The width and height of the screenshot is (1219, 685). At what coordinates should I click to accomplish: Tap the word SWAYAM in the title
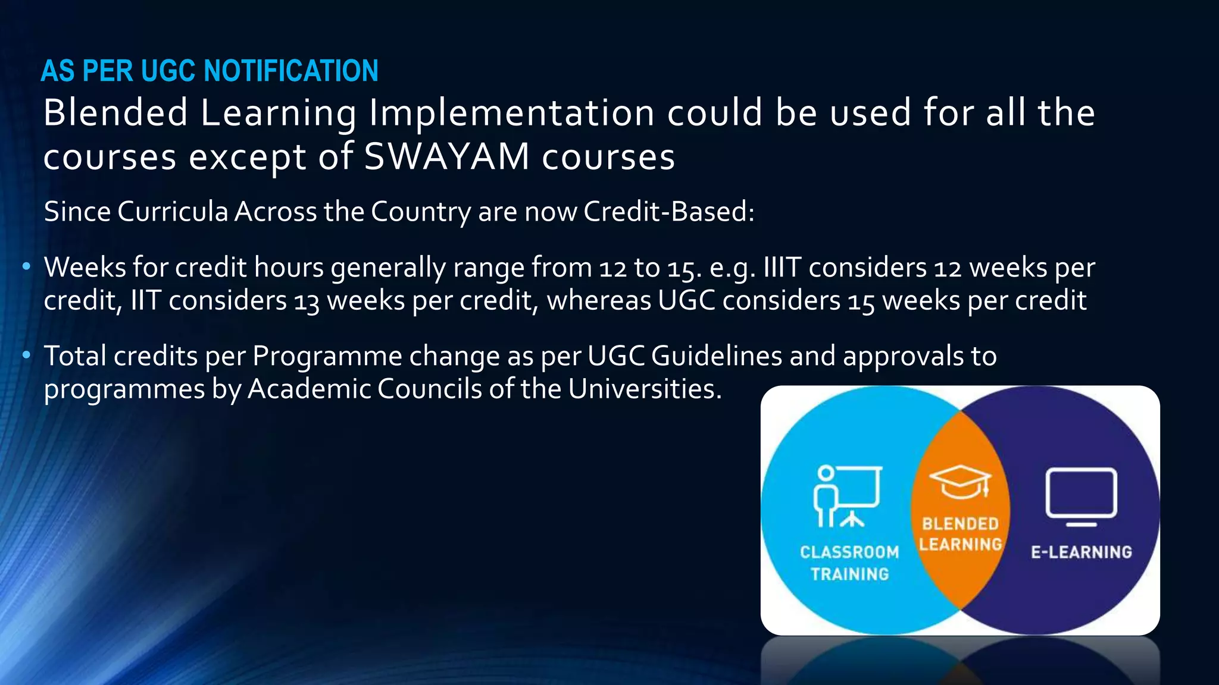point(446,157)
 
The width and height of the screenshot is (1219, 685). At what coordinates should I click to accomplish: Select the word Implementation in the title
point(511,113)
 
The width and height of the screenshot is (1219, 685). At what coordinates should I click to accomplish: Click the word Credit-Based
point(668,212)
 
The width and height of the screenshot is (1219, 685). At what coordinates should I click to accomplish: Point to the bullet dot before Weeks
point(26,267)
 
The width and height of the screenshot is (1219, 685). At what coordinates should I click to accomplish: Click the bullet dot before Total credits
point(26,356)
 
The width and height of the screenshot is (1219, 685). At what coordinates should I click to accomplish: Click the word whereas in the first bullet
point(599,300)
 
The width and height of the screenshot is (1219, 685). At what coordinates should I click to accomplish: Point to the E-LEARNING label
point(1081,552)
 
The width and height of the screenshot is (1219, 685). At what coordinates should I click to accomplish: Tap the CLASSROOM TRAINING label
point(849,563)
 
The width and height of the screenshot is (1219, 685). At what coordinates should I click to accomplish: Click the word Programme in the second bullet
point(327,356)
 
